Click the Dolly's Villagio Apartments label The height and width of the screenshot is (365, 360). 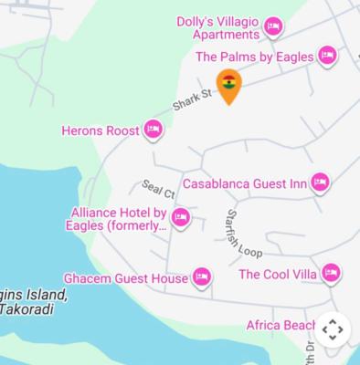pos(217,28)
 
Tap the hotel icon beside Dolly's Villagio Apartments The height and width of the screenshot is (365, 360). pos(272,28)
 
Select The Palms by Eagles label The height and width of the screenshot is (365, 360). pos(255,57)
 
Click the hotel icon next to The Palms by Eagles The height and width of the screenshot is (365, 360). pos(327,57)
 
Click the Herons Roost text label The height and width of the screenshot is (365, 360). pos(101,130)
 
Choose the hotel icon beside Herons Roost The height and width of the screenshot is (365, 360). pos(154,130)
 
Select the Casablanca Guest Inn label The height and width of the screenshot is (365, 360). pos(244,183)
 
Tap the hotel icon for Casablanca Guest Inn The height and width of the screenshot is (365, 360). pos(320,182)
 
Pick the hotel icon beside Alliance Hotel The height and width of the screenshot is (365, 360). pos(181,218)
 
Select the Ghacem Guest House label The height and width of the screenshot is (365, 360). pos(125,277)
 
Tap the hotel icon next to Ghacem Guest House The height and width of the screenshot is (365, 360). pos(201,277)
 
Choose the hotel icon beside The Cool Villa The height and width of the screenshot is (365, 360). pos(331,273)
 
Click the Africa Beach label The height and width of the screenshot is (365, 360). pos(281,326)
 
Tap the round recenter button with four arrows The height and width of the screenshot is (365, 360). pos(333,328)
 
